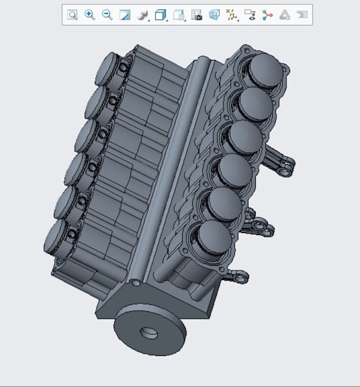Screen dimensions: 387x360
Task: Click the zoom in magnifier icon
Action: (x=90, y=15)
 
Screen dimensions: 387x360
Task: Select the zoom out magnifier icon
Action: (x=107, y=15)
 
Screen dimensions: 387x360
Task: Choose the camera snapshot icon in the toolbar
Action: (x=196, y=15)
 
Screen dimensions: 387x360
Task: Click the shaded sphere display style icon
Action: (x=142, y=15)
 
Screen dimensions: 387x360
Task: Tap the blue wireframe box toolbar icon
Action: (x=214, y=15)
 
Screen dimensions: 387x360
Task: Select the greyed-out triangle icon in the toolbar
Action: (x=285, y=15)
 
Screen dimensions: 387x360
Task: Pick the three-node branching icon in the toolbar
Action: (x=267, y=15)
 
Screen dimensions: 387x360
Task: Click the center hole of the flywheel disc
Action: (x=149, y=334)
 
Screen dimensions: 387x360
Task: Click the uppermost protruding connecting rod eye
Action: (x=285, y=172)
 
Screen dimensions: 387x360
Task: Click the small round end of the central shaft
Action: (x=137, y=283)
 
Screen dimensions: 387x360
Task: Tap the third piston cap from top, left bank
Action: (x=86, y=136)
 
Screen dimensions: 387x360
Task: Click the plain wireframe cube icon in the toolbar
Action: (x=160, y=15)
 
